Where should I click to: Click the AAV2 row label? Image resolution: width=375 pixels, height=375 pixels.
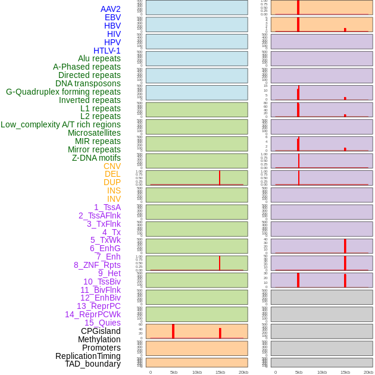(x=110, y=9)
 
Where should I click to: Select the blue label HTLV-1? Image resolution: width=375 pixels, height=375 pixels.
(x=107, y=51)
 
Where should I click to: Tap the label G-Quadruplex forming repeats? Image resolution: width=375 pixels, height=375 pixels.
(x=63, y=92)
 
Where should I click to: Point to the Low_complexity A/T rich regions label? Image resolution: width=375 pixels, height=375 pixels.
(x=61, y=124)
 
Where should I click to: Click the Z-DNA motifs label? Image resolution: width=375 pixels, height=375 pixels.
(x=96, y=158)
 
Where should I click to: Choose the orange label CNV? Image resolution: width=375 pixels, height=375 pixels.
(x=112, y=166)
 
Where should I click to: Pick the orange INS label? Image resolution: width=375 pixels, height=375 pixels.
(x=114, y=190)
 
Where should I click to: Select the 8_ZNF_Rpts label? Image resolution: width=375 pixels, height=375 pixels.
(x=97, y=265)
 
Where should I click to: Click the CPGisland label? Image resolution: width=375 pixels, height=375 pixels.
(x=101, y=331)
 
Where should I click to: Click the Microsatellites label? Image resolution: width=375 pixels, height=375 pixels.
(x=94, y=133)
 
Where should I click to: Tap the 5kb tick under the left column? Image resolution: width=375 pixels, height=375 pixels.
(x=174, y=372)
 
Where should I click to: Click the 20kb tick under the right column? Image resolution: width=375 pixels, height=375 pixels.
(x=368, y=372)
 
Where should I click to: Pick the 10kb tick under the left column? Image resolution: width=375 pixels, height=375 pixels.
(x=197, y=372)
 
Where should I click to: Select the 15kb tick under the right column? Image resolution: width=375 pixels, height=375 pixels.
(x=345, y=372)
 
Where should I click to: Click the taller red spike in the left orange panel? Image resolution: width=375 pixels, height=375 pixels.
(x=173, y=331)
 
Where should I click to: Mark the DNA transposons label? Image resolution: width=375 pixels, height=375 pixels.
(x=88, y=83)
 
